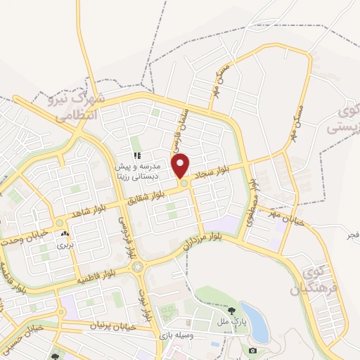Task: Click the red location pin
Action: (181, 165)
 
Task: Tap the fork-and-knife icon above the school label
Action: (138, 155)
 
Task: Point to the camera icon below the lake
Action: (252, 349)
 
